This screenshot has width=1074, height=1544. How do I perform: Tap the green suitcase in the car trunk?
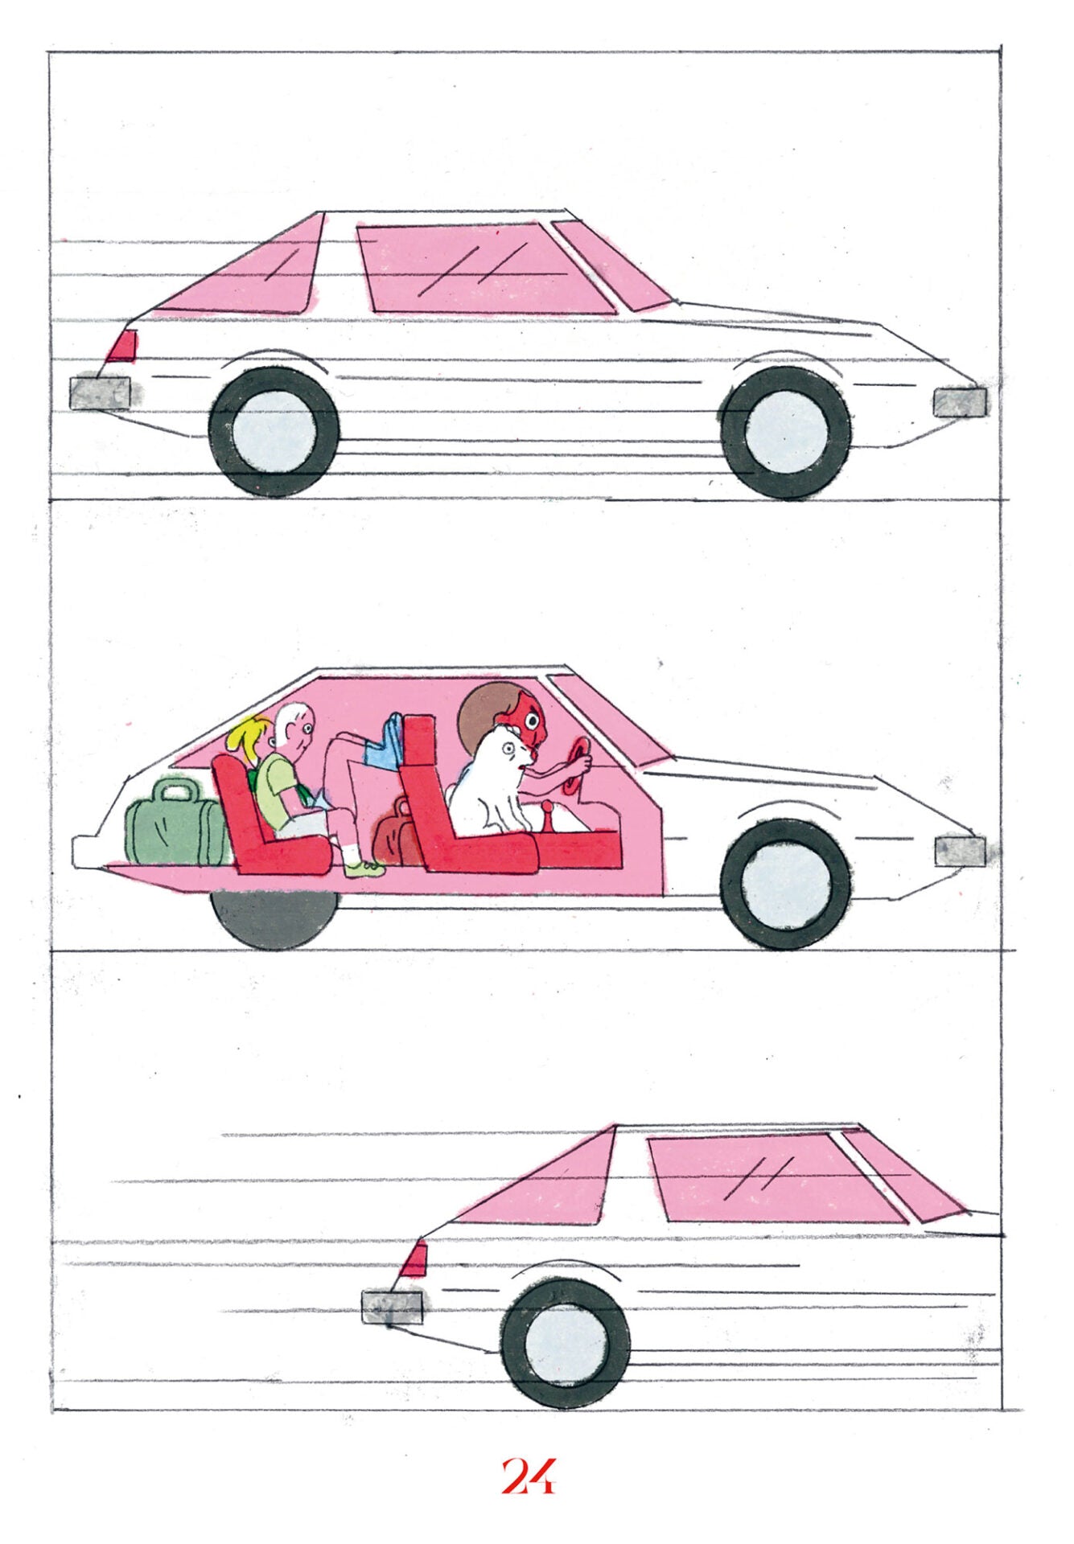pos(177,822)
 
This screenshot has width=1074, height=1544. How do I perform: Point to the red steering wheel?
pos(578,763)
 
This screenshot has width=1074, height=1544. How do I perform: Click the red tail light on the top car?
pos(121,345)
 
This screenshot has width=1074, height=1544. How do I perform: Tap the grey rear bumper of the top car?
pos(101,393)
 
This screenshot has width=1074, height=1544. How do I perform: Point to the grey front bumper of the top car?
pos(960,400)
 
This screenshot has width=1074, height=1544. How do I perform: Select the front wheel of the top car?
pos(786,433)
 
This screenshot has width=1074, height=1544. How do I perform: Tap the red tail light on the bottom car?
pos(414,1260)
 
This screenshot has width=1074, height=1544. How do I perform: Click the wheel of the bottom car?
pos(566,1342)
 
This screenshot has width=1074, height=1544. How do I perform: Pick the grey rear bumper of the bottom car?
pos(393,1307)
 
